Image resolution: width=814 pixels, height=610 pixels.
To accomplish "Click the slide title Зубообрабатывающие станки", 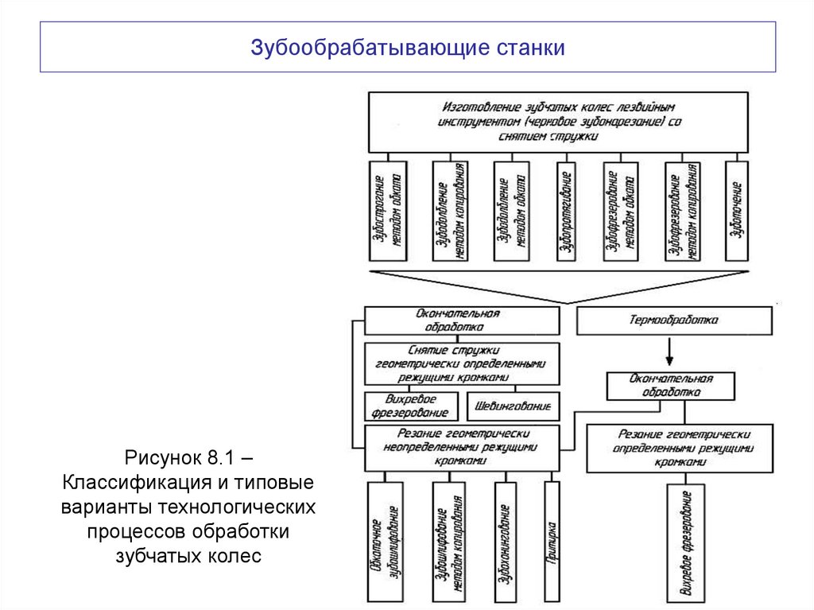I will pyautogui.click(x=408, y=49).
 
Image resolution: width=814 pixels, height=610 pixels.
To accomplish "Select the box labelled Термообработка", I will pyautogui.click(x=673, y=321).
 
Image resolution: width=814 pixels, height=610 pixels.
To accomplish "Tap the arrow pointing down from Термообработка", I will pyautogui.click(x=669, y=351).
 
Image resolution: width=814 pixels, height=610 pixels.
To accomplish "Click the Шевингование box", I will pyautogui.click(x=512, y=406).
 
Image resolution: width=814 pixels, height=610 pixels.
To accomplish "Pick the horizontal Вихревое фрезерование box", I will pyautogui.click(x=411, y=406).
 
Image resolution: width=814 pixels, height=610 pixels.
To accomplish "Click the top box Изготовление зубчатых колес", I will pyautogui.click(x=557, y=122).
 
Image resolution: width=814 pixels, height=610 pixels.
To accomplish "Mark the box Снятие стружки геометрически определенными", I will pyautogui.click(x=461, y=363).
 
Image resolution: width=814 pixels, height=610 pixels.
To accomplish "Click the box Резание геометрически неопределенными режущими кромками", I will pyautogui.click(x=461, y=448).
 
